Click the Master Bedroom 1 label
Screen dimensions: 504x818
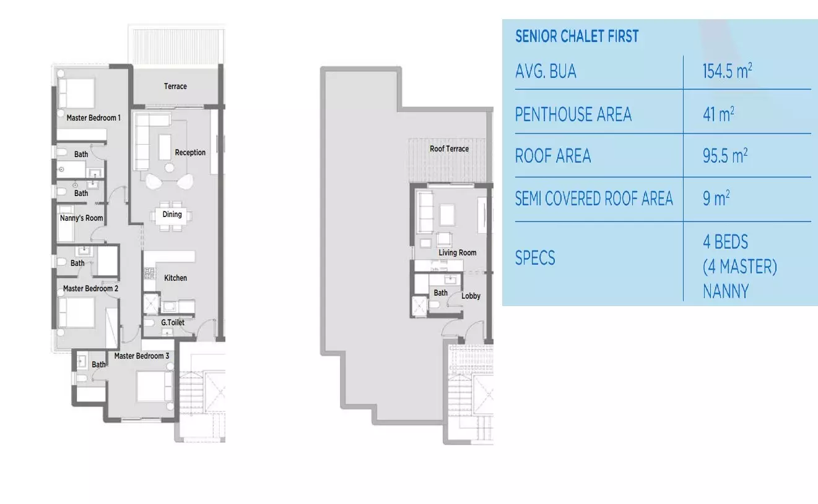click(x=94, y=117)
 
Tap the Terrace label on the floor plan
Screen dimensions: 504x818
click(x=175, y=87)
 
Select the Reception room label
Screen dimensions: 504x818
click(x=190, y=153)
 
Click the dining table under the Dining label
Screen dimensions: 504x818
click(x=172, y=216)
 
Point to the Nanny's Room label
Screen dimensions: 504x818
click(x=81, y=218)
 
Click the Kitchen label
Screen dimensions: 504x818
click(x=175, y=278)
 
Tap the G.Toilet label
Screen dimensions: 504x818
click(x=173, y=323)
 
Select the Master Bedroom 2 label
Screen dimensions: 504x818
click(x=90, y=289)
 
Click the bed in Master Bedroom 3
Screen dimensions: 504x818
click(x=153, y=387)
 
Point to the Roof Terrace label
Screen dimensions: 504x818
click(x=449, y=149)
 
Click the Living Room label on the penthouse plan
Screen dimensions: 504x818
click(x=458, y=253)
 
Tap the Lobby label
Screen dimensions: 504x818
click(x=471, y=296)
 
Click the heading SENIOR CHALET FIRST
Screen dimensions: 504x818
click(x=577, y=36)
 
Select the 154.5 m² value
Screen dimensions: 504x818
click(x=727, y=72)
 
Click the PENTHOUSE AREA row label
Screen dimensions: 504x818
click(x=573, y=114)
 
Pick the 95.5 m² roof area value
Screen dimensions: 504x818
click(x=724, y=156)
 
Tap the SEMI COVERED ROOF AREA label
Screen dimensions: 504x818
click(x=594, y=199)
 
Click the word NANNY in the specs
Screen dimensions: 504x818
click(x=725, y=291)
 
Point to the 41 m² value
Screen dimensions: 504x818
click(x=718, y=114)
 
